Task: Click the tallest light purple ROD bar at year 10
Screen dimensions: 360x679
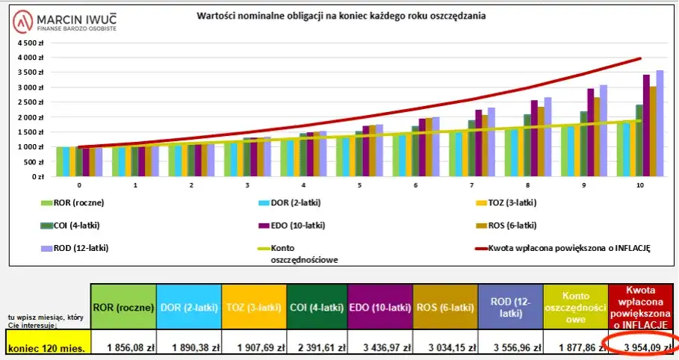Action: [660, 123]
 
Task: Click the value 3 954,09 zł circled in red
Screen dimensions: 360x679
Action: [639, 347]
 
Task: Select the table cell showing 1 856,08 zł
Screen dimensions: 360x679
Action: [123, 347]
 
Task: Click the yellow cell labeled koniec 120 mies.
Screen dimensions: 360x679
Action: [48, 347]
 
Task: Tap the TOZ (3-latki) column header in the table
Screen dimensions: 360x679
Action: [255, 307]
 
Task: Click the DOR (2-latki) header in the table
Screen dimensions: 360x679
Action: [189, 307]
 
